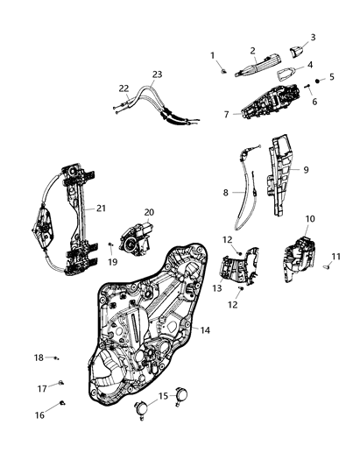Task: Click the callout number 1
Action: tap(212, 56)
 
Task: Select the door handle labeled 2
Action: tap(254, 66)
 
